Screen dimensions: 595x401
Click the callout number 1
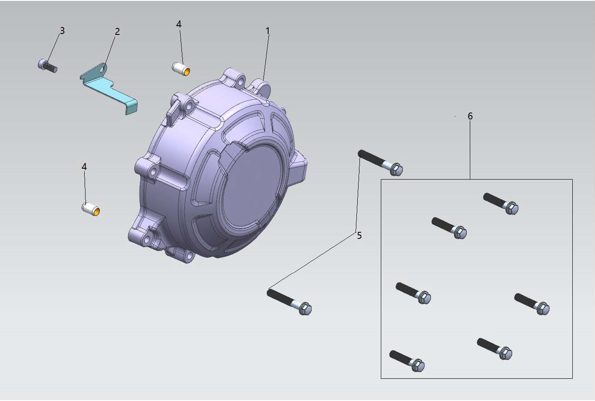(268, 31)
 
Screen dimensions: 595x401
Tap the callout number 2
(117, 31)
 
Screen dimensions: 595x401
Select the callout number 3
(62, 31)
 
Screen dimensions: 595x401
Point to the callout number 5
(359, 235)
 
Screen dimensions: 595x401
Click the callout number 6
(470, 116)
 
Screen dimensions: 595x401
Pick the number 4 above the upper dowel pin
(179, 24)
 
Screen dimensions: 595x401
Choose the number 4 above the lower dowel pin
(84, 167)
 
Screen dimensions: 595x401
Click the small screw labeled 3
(48, 66)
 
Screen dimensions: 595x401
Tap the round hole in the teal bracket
(103, 70)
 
